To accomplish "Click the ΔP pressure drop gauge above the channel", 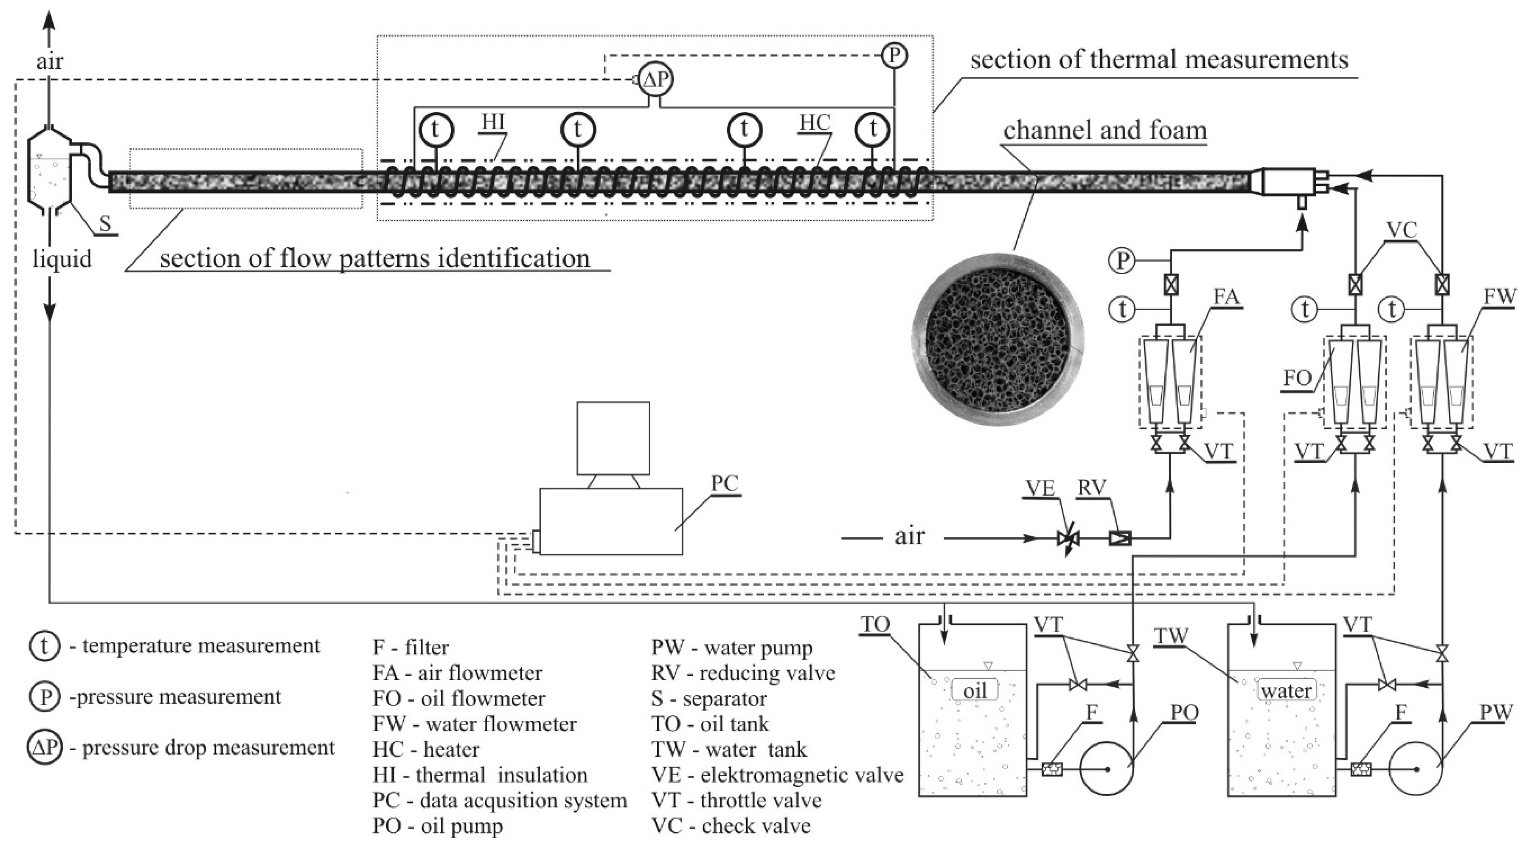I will tap(656, 80).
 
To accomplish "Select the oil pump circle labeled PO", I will tap(1107, 769).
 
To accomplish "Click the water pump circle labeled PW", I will tap(1416, 769).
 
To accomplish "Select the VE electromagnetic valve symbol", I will tap(1068, 538).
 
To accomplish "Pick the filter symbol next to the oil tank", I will tap(1052, 769).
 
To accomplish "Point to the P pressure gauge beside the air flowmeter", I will tap(1122, 260).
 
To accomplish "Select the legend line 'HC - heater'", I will tap(426, 749).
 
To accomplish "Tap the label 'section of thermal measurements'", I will tap(1159, 60).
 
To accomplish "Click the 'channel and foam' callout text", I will tap(1105, 130).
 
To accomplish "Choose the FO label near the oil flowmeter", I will tap(1297, 378).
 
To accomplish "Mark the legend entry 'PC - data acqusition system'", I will tap(499, 800).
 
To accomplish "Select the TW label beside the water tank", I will tap(1170, 637).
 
